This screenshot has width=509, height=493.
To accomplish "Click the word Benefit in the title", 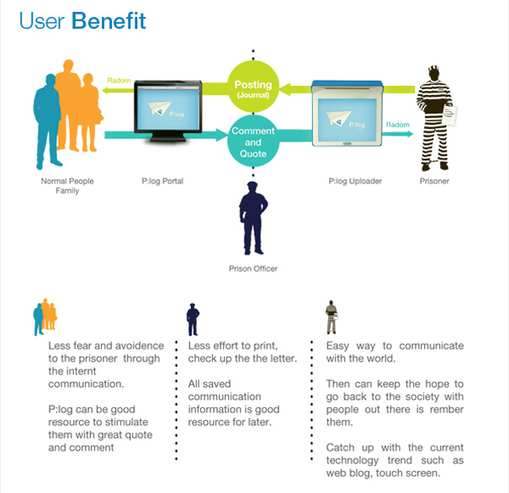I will [109, 21].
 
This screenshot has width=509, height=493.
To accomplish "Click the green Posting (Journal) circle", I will [252, 87].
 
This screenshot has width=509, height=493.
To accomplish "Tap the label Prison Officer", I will [253, 269].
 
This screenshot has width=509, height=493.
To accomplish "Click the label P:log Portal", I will [163, 181].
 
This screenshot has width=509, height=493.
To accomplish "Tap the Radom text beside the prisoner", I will [397, 125].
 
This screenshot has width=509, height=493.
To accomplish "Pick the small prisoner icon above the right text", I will [332, 317].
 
